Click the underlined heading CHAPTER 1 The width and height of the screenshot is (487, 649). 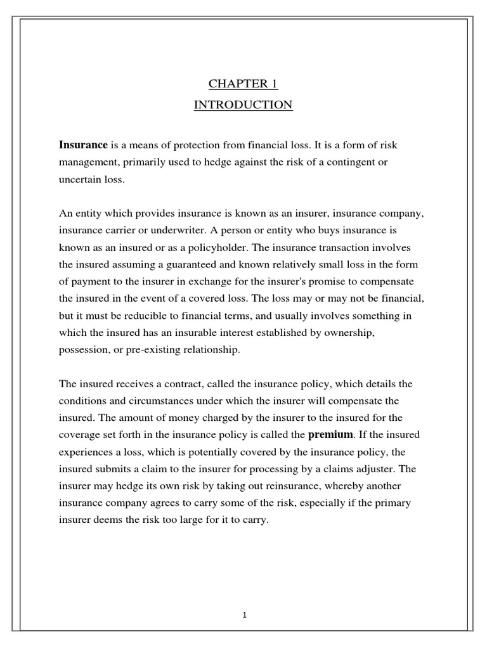243,85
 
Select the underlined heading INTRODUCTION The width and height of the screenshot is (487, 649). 243,105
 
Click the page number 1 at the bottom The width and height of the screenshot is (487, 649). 244,615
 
